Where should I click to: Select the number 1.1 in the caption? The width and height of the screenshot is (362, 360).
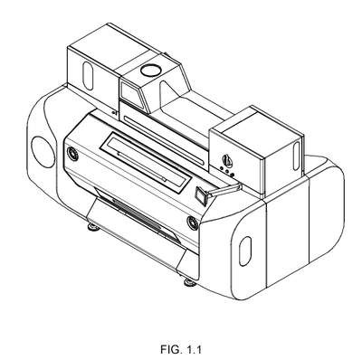[x=194, y=350]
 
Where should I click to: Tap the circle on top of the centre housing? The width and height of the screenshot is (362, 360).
[x=150, y=70]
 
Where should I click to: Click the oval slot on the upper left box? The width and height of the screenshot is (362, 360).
[x=88, y=76]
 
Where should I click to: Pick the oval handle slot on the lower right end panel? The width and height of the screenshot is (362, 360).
[x=245, y=251]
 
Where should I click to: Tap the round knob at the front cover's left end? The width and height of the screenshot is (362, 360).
[x=73, y=154]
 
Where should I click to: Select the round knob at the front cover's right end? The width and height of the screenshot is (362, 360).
[x=193, y=223]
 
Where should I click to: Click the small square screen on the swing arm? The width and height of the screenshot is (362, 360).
[x=202, y=195]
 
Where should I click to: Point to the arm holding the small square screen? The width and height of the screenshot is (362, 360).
[x=225, y=190]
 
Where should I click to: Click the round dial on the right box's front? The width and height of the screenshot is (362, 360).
[x=226, y=159]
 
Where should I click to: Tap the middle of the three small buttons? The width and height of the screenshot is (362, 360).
[x=226, y=171]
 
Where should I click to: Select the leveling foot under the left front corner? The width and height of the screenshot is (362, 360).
[x=93, y=227]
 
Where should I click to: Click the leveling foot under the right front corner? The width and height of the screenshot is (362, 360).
[x=190, y=282]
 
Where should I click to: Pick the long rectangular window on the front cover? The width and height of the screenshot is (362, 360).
[x=146, y=162]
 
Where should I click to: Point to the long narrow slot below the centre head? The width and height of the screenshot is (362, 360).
[x=164, y=140]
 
